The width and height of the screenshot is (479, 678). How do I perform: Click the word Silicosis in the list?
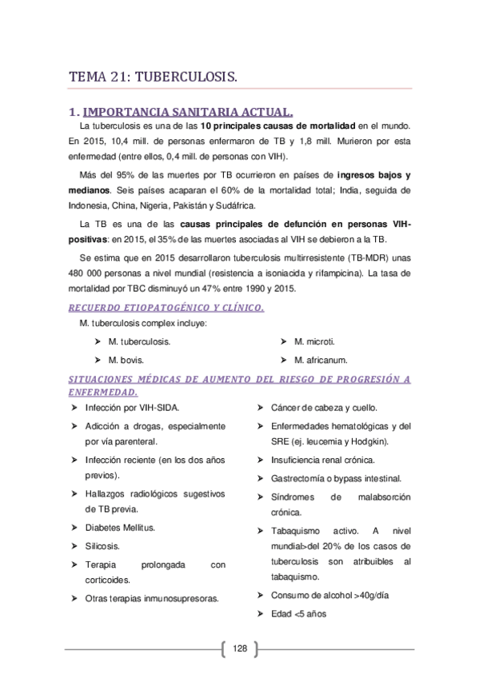(x=102, y=545)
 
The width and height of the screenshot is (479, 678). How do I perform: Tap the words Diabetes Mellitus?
(x=120, y=528)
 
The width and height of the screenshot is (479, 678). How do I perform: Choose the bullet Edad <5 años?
(x=298, y=613)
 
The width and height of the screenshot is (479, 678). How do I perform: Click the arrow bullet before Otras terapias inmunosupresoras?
(x=74, y=596)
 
